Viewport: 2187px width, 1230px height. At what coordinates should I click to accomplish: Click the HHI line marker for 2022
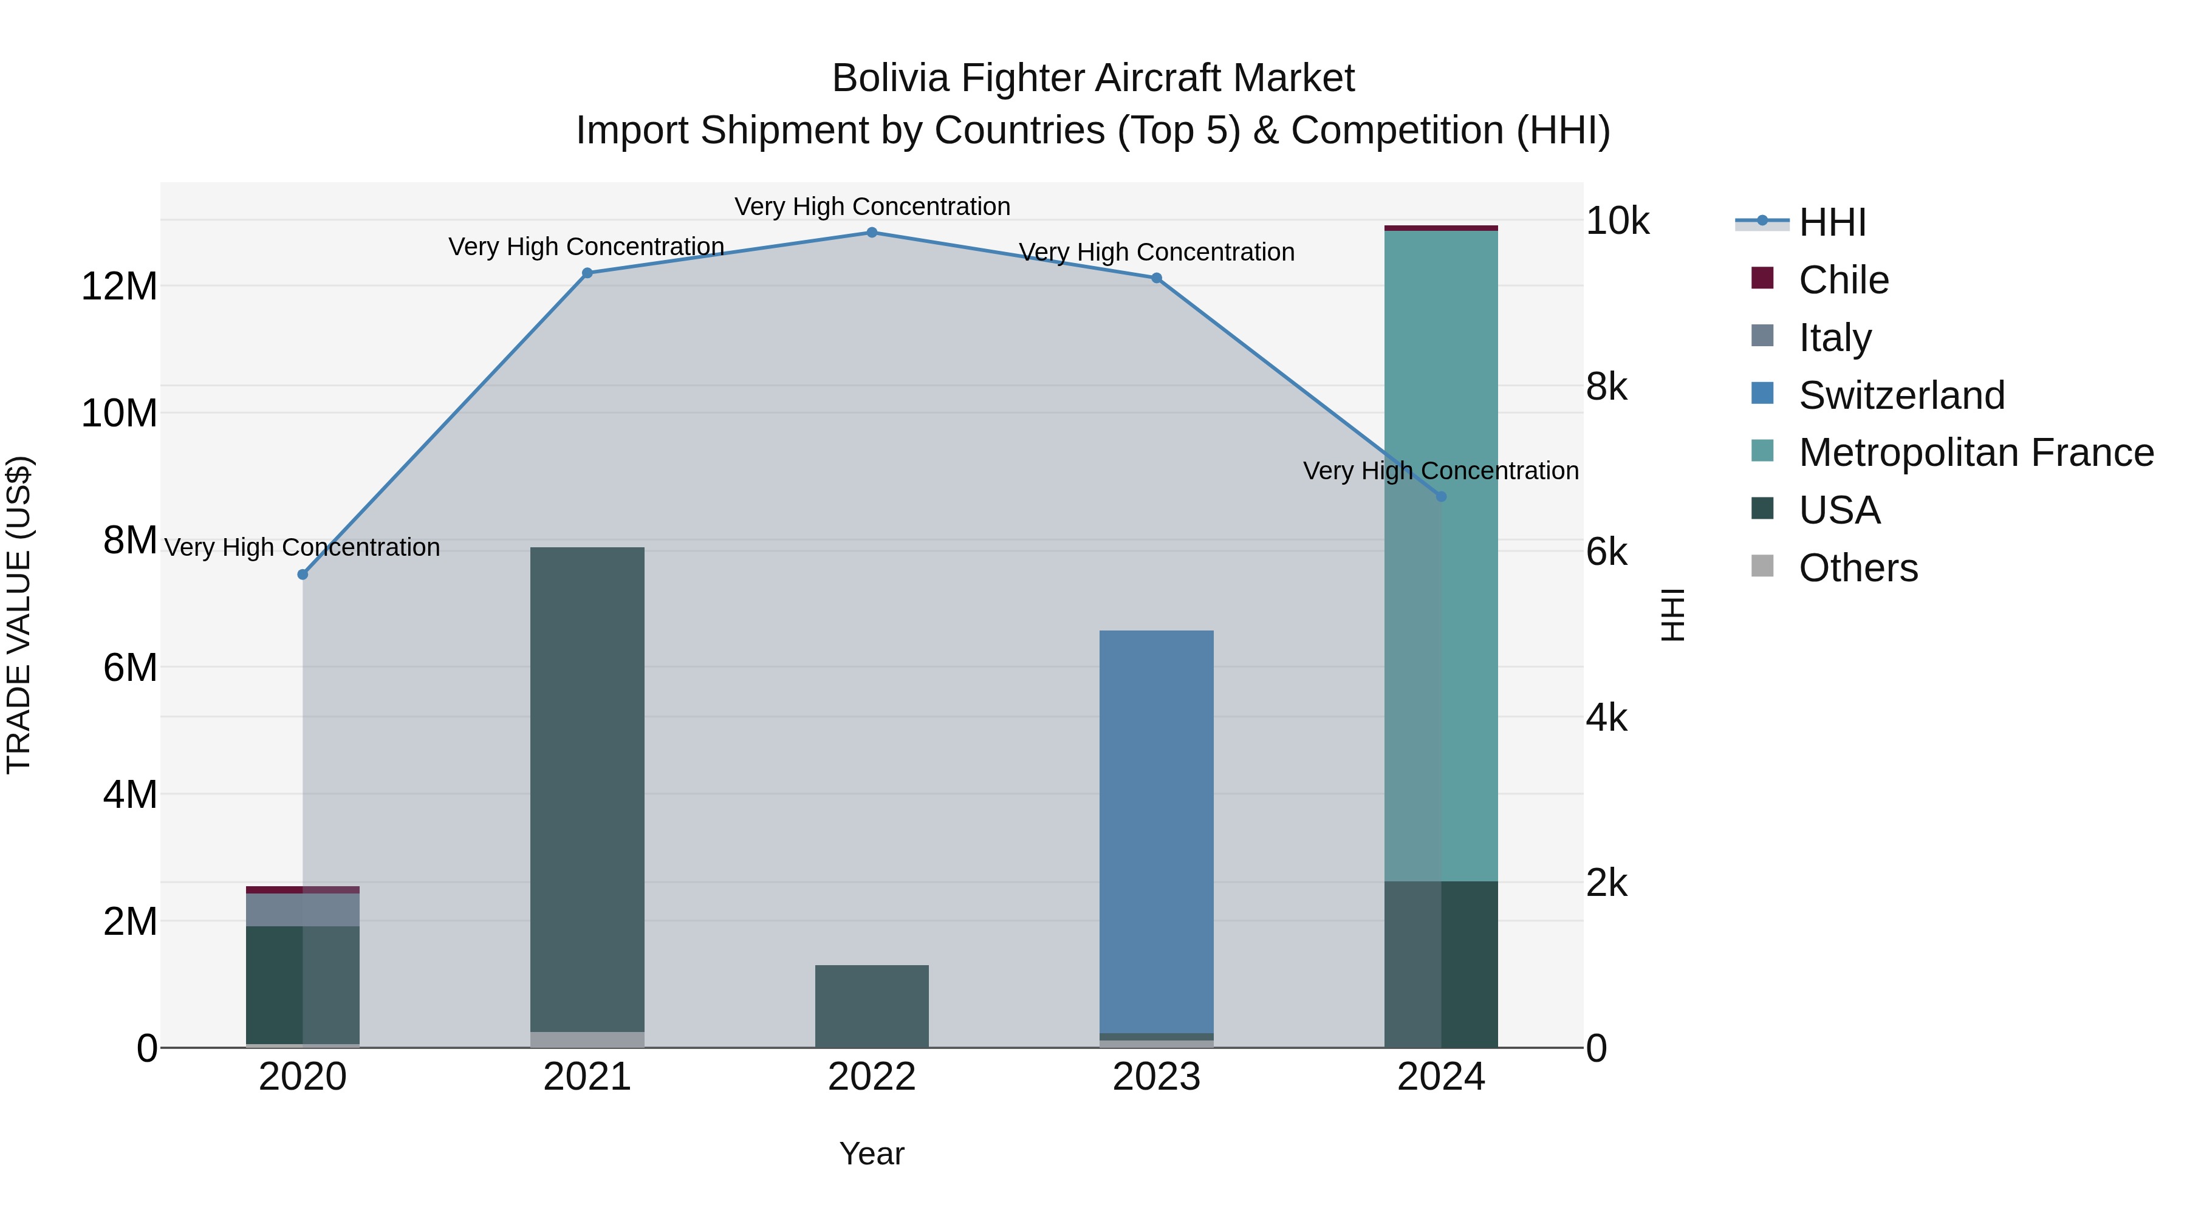(x=872, y=233)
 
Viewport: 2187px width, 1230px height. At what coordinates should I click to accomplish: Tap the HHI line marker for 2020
(x=303, y=575)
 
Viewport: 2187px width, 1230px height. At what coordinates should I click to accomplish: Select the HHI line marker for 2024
(x=1441, y=497)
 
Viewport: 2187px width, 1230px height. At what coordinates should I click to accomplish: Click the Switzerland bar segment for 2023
(x=1156, y=832)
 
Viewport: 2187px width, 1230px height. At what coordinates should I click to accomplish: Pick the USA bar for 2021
(x=587, y=790)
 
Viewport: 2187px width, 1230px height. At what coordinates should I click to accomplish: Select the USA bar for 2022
(x=872, y=1006)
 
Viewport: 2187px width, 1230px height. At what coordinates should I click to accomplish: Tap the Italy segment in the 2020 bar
(x=303, y=910)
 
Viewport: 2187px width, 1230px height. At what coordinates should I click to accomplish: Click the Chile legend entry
(x=1843, y=280)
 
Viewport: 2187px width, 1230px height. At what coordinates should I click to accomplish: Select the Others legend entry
(x=1858, y=568)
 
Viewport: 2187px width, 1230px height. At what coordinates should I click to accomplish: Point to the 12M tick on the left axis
(x=119, y=287)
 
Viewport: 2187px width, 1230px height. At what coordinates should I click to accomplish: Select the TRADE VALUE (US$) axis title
(x=19, y=615)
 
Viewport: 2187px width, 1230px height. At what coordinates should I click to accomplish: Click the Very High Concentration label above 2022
(x=872, y=207)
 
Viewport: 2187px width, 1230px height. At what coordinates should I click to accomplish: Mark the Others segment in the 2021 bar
(x=587, y=1040)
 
